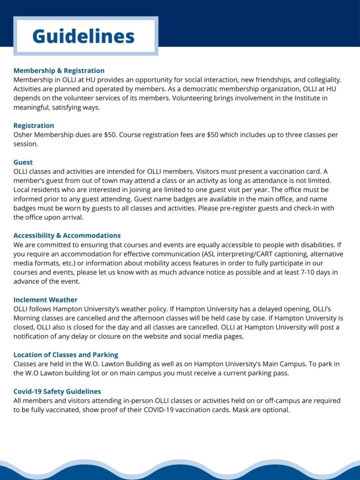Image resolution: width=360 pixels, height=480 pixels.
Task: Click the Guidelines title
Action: click(x=83, y=37)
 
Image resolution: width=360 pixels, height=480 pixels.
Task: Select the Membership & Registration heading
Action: click(x=59, y=71)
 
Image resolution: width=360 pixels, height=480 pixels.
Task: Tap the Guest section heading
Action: click(x=23, y=162)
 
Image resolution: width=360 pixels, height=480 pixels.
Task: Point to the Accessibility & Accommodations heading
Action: click(x=67, y=235)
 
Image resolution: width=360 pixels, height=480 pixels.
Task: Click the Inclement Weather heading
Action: click(x=45, y=300)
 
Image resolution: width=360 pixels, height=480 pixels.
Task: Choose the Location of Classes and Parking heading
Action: click(x=66, y=355)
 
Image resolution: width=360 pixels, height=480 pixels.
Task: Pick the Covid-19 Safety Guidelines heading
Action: click(x=57, y=391)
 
